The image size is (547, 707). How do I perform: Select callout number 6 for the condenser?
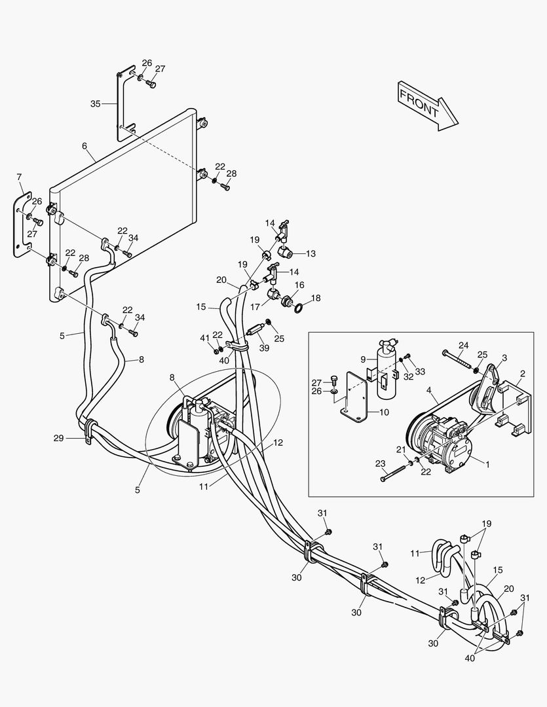[x=85, y=145]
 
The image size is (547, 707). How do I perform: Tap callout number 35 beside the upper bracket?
[x=96, y=103]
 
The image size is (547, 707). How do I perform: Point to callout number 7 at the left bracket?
[x=19, y=177]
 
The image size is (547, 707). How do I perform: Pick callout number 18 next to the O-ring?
[x=316, y=297]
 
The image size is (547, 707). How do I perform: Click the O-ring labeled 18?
[x=298, y=306]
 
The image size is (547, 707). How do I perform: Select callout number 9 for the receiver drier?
[x=364, y=359]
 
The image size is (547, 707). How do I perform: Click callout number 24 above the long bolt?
[x=463, y=345]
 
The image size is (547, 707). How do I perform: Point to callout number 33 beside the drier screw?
[x=419, y=371]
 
